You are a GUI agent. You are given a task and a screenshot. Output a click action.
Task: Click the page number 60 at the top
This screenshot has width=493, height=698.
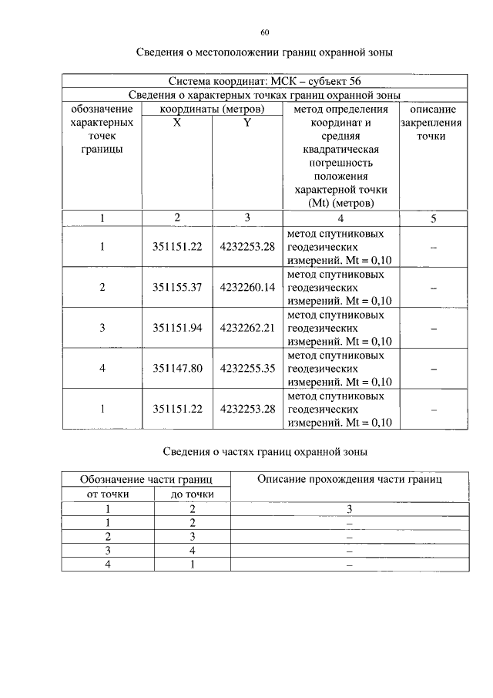(265, 32)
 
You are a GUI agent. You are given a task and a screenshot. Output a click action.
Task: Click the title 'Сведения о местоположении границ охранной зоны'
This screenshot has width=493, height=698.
(265, 52)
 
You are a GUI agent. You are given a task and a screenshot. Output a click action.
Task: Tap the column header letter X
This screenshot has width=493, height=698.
(177, 123)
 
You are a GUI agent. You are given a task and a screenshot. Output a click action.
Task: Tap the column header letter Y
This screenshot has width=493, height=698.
(247, 123)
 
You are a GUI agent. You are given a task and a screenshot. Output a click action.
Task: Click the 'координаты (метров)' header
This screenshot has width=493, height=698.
(212, 109)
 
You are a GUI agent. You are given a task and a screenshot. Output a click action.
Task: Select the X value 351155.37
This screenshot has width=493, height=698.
(177, 287)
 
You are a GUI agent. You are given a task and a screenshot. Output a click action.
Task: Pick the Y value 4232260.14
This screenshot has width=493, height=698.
(247, 287)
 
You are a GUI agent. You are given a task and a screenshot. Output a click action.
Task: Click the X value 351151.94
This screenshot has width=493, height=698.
(177, 328)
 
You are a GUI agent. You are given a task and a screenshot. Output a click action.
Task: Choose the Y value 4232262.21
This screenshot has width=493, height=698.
(247, 328)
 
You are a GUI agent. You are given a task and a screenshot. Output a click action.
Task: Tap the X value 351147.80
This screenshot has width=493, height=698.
(177, 369)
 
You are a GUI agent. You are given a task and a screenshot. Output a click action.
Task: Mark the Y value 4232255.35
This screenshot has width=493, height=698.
(247, 369)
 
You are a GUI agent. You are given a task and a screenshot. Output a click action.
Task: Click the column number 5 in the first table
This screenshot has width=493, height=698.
(433, 218)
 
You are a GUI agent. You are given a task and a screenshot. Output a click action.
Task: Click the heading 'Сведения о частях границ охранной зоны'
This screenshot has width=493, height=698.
(265, 450)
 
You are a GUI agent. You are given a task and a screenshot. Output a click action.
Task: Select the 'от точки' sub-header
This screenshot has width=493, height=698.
(108, 494)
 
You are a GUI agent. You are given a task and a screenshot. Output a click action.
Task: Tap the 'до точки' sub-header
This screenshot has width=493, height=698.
(192, 494)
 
